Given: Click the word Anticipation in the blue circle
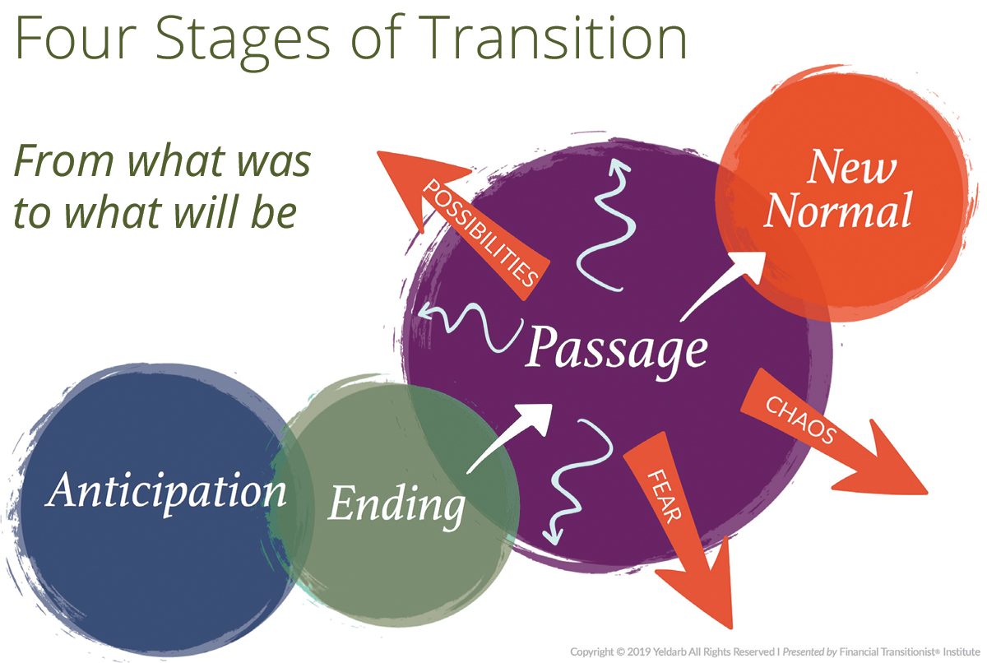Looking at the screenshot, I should (x=167, y=492).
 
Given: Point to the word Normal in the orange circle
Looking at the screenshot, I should (x=838, y=211).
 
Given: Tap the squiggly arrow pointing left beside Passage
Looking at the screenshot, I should (x=469, y=321).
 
